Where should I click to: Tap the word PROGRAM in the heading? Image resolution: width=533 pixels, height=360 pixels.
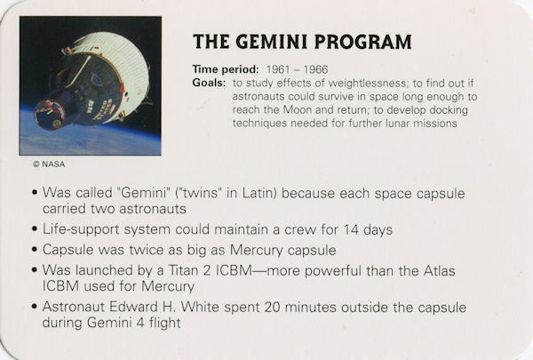click(x=363, y=42)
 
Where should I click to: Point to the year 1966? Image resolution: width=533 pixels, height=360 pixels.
click(x=315, y=69)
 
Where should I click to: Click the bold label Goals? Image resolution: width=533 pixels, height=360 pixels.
click(x=209, y=83)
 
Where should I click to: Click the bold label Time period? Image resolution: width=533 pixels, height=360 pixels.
click(x=226, y=69)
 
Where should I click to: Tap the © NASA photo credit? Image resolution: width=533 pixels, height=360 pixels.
click(x=49, y=164)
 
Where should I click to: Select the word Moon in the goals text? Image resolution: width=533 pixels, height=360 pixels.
click(x=298, y=110)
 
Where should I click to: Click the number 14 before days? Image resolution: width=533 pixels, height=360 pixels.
click(x=351, y=229)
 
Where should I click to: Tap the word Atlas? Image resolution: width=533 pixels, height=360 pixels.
click(x=439, y=271)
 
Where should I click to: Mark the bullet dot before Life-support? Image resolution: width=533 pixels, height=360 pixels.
click(x=35, y=228)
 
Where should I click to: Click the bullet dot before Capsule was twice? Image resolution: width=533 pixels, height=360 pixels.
click(x=35, y=250)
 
